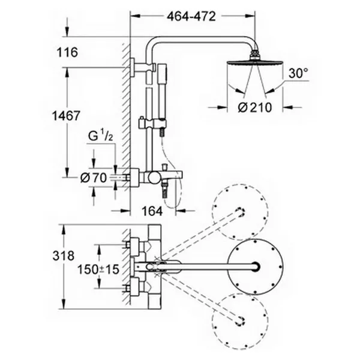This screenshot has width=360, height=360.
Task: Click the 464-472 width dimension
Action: click(x=191, y=17)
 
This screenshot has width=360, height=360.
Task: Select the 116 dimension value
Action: click(x=67, y=52)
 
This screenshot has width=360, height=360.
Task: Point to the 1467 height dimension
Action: click(x=66, y=116)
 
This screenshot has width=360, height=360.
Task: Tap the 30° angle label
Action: click(x=298, y=73)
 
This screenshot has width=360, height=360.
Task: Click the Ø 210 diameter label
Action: click(x=255, y=107)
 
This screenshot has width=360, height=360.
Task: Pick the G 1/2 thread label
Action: click(x=101, y=136)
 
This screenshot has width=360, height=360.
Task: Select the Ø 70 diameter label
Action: click(x=94, y=178)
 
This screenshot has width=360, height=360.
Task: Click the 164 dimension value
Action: click(x=152, y=211)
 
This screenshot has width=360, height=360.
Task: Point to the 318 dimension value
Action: click(x=64, y=256)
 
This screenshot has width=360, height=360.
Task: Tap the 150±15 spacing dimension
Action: click(x=98, y=269)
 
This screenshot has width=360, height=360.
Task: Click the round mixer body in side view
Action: click(x=153, y=178)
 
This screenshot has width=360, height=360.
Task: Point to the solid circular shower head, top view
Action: click(x=255, y=267)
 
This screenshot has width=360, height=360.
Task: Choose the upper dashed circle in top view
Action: click(x=240, y=211)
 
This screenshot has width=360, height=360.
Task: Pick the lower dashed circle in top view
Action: click(x=240, y=322)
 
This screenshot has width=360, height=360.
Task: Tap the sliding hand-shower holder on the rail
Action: click(x=152, y=124)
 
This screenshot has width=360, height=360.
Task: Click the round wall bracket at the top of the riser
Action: click(x=133, y=67)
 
